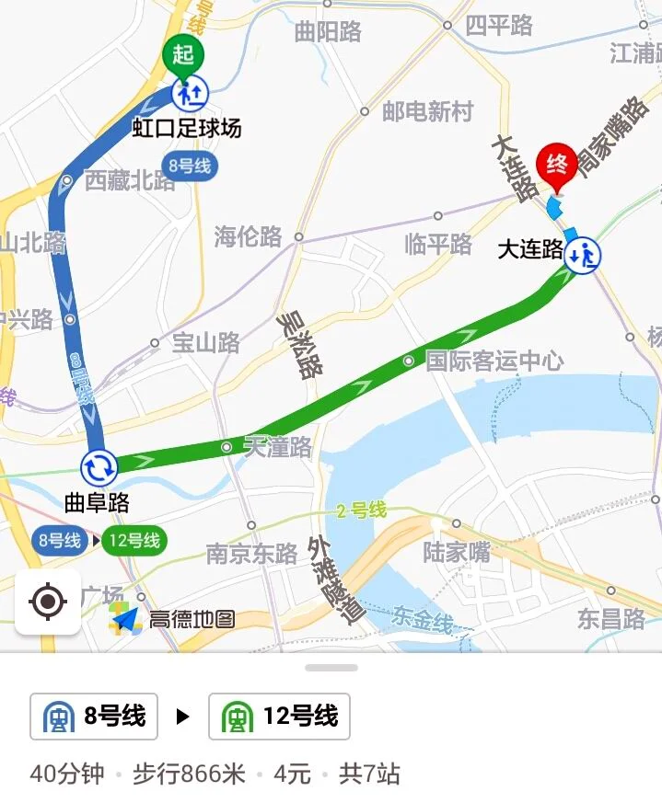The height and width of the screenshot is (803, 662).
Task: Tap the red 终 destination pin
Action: click(556, 164)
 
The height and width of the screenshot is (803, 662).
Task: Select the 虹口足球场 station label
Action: click(187, 128)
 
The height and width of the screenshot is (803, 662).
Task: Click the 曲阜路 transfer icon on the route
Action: click(99, 466)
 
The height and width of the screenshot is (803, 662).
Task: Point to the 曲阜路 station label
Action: click(97, 502)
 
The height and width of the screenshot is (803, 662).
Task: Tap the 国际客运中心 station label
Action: click(494, 360)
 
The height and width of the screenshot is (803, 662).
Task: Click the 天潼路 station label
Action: click(277, 448)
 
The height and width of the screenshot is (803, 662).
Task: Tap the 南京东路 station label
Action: click(251, 553)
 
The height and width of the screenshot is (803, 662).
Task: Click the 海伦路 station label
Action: click(248, 236)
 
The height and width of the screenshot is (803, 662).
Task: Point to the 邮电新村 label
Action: click(427, 112)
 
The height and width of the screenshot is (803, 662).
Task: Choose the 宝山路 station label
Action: click(205, 343)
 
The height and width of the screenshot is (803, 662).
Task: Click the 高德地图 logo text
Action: click(192, 619)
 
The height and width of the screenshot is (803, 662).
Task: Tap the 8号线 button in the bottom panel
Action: click(94, 717)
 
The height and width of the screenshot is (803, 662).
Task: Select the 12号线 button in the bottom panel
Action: click(279, 717)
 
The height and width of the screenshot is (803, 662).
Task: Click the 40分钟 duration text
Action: click(67, 774)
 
